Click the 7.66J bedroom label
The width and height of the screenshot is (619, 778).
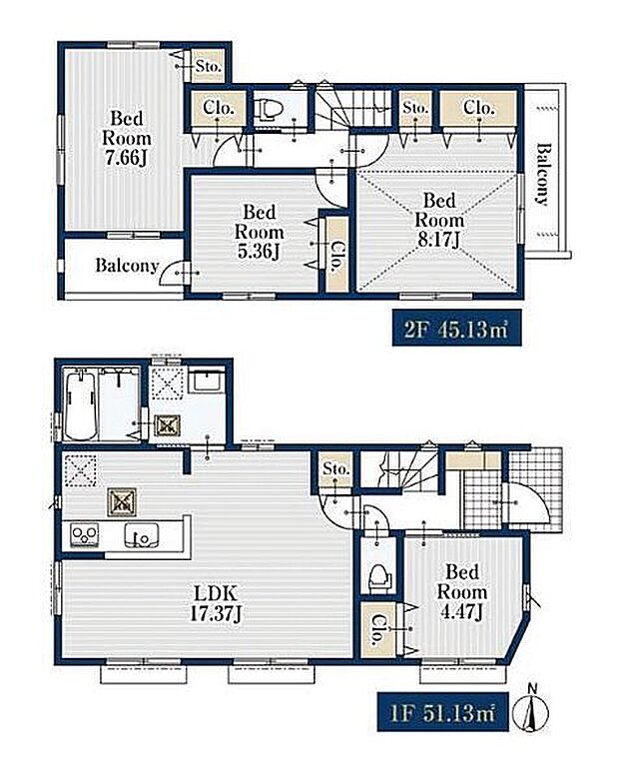pos(126,138)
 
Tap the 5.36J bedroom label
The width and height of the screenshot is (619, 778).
pos(259,232)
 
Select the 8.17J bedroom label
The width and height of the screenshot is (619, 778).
pos(439,220)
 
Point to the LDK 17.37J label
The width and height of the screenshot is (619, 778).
pos(216,603)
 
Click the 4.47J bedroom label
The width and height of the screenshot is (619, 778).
pos(462,591)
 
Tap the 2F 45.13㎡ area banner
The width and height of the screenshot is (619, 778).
pos(457,328)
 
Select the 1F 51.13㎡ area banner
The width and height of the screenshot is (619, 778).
pos(443,711)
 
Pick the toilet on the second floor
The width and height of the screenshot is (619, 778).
pos(269,108)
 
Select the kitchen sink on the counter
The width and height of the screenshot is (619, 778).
pos(142,536)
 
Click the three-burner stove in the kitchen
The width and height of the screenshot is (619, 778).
pos(84,536)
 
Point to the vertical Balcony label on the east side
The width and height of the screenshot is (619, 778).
pos(544,174)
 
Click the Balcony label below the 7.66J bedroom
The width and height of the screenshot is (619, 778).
pos(127,266)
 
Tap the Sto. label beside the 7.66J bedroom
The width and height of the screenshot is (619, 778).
pos(208,66)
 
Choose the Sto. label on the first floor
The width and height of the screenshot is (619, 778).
pos(335,467)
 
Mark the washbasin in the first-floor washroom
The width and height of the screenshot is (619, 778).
pos(206,382)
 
